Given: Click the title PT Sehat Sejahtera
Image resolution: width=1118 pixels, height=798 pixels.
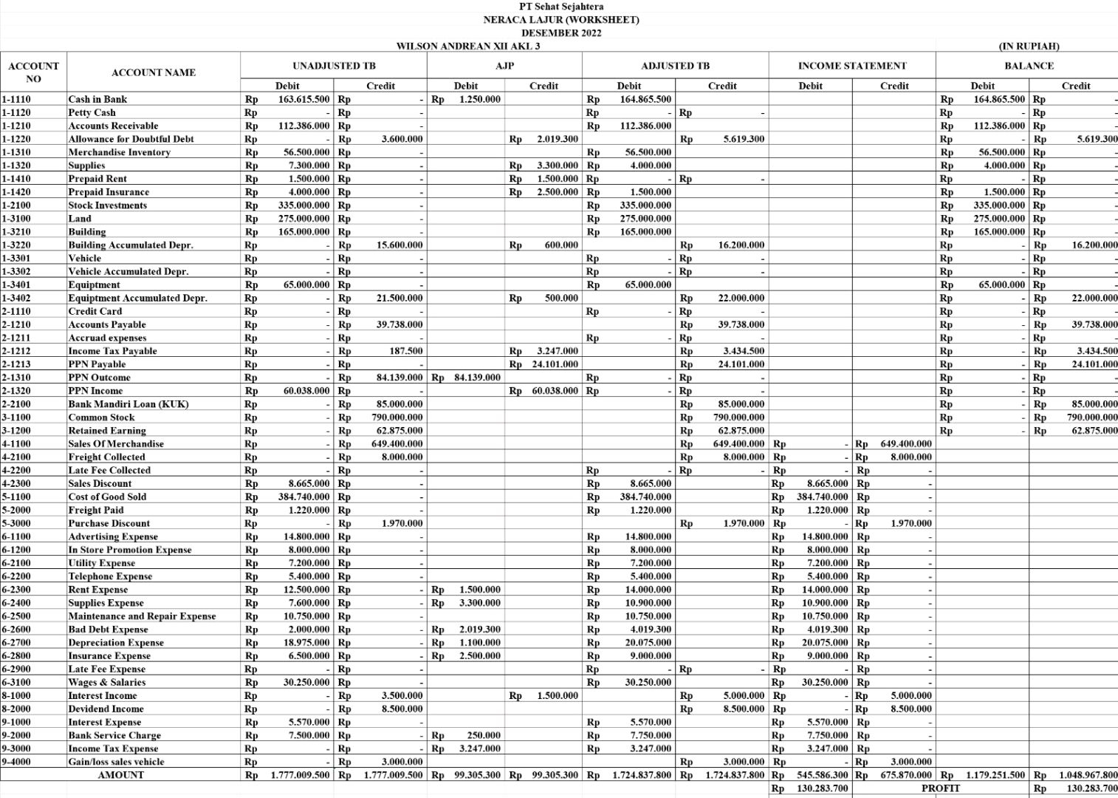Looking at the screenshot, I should [560, 7].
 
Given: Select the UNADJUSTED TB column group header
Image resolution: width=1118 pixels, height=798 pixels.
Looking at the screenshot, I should [334, 66].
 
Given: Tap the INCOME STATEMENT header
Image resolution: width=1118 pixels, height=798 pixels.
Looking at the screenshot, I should [851, 66].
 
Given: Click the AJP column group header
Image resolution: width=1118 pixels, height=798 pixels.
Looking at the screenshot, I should [504, 66].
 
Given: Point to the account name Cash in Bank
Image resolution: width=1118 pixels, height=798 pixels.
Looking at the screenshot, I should [97, 99].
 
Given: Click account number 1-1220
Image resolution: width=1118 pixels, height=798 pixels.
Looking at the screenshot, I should [16, 139].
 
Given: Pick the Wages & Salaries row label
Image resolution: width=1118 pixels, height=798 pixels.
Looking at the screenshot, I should [106, 682].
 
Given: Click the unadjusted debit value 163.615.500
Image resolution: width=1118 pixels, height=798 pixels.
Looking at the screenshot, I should [303, 99].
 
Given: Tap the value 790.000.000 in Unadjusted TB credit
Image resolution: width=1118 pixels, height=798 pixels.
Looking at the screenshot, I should [397, 417].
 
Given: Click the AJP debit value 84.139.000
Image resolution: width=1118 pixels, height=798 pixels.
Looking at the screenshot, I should [477, 378].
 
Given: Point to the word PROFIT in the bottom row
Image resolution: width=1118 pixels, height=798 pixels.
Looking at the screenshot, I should [940, 788].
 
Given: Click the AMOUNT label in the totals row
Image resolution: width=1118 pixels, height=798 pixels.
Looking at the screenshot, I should [121, 775].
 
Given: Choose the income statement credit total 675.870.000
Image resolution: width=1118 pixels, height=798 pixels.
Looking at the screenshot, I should [906, 775].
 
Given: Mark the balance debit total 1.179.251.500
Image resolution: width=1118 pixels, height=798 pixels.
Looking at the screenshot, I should [995, 775].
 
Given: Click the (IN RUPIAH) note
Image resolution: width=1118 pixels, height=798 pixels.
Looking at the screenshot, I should [1029, 46].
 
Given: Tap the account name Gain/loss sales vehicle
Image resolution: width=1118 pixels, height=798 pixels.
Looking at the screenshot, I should [116, 762].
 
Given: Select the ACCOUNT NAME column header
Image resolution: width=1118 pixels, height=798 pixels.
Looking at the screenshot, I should [154, 72].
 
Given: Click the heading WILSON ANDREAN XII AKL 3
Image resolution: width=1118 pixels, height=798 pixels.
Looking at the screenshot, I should [468, 46].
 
